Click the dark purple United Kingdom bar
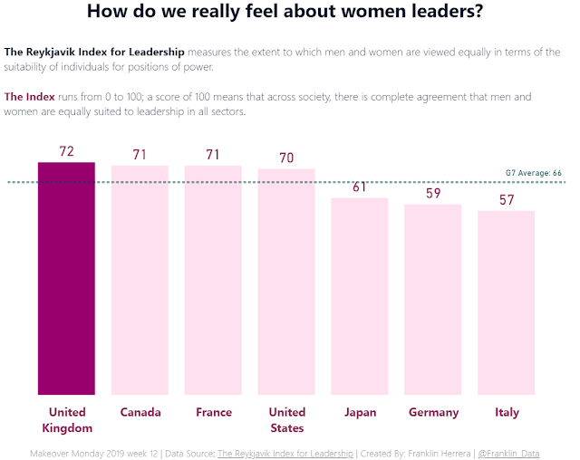66,278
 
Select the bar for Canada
140,281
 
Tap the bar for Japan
360,296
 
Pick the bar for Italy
507,302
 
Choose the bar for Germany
433,300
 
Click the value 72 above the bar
66,151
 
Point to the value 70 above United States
286,158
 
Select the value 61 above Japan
360,187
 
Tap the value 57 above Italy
507,199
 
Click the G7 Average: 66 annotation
533,173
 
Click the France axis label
213,413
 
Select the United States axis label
286,420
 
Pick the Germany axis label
433,413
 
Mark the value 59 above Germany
433,193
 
